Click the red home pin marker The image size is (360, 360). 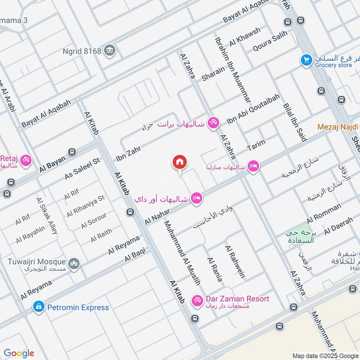tap(180, 162)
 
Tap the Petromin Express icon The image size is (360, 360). tap(39, 307)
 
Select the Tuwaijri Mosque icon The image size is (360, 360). tap(74, 263)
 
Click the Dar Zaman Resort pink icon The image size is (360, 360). tap(197, 300)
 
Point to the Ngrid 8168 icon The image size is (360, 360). tap(109, 51)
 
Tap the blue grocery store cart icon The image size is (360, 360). tap(306, 59)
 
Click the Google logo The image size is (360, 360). tap(19, 353)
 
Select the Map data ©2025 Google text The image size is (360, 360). tap(325, 355)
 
